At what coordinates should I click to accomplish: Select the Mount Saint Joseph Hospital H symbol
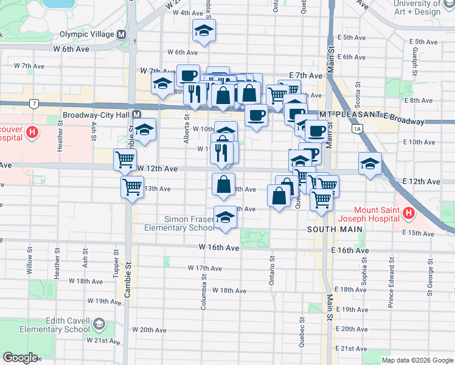pos(408,214)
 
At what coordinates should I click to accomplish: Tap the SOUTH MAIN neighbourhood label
pos(335,229)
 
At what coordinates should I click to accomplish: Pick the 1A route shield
pos(357,128)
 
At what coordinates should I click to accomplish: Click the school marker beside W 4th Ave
pos(204,30)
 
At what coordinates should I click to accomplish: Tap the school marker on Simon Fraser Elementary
pos(225,218)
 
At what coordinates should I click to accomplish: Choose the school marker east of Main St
pos(369,164)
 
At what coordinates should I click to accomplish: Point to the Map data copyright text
pos(417,360)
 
